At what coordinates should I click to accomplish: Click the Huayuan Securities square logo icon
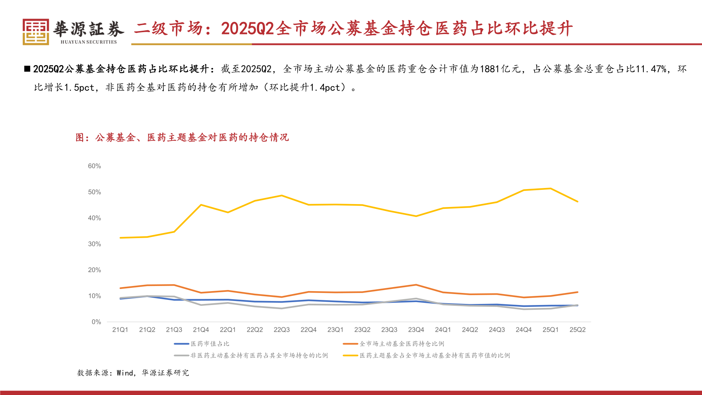tap(35, 32)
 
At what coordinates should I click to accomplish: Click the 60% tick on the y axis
tap(94, 166)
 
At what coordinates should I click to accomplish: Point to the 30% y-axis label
tap(94, 244)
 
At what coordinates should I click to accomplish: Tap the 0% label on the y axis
tap(96, 322)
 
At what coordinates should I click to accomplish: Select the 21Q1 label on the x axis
tap(120, 330)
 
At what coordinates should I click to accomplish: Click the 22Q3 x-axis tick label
tap(282, 330)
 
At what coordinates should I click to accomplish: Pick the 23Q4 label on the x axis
tap(416, 330)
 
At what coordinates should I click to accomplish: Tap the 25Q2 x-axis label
tap(577, 330)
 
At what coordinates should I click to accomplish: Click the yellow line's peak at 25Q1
tap(551, 188)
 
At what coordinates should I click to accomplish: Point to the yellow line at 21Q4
tap(201, 205)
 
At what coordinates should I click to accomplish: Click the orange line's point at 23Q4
tap(416, 285)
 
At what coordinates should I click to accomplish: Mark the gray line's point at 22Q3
tap(282, 308)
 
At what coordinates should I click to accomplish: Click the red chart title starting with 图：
tap(182, 138)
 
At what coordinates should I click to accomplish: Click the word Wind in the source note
tap(125, 373)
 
